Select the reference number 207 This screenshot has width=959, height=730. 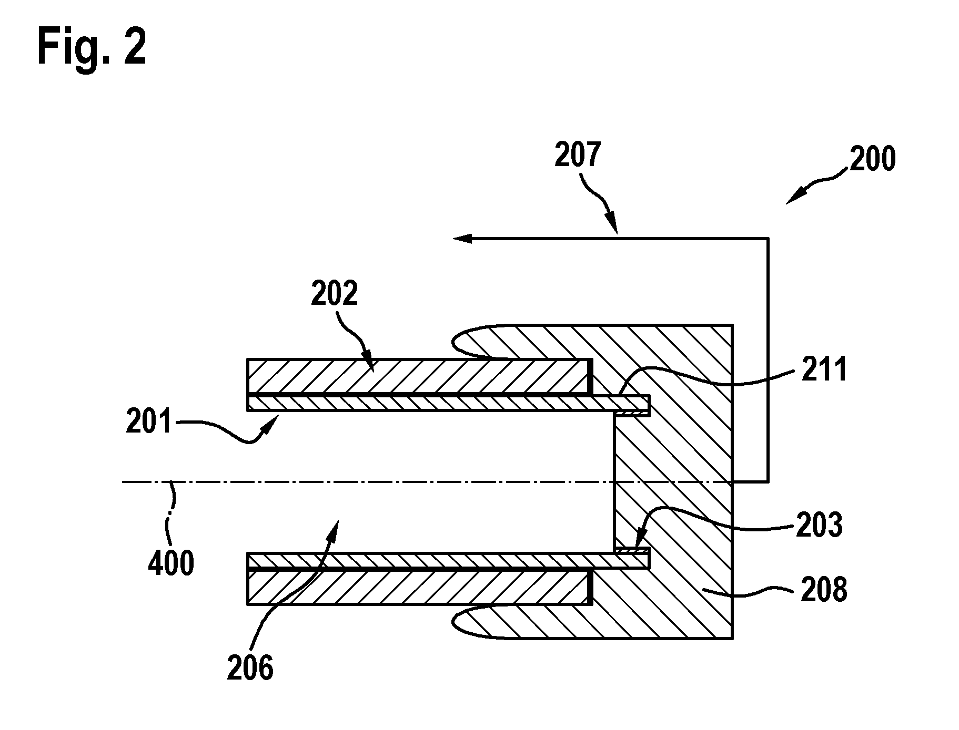[x=578, y=155]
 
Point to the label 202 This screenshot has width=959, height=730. [x=335, y=293]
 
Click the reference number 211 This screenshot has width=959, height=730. [x=824, y=369]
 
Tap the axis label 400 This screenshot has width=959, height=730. [x=171, y=563]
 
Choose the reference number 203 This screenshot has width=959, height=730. [x=819, y=525]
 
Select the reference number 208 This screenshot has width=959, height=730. [x=823, y=589]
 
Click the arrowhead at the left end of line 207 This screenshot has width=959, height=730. [x=463, y=239]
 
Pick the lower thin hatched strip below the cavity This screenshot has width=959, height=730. [x=448, y=561]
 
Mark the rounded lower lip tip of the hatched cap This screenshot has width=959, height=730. [x=453, y=622]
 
